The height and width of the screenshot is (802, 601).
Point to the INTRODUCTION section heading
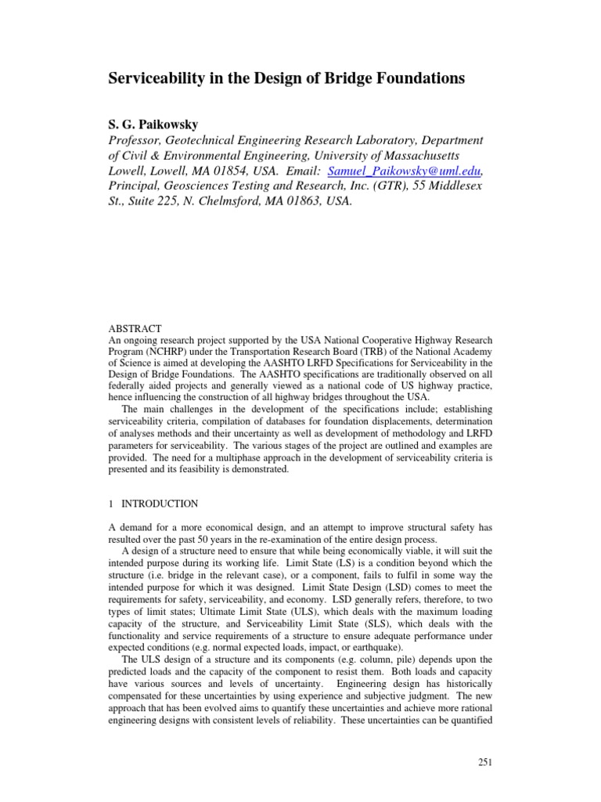160,504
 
